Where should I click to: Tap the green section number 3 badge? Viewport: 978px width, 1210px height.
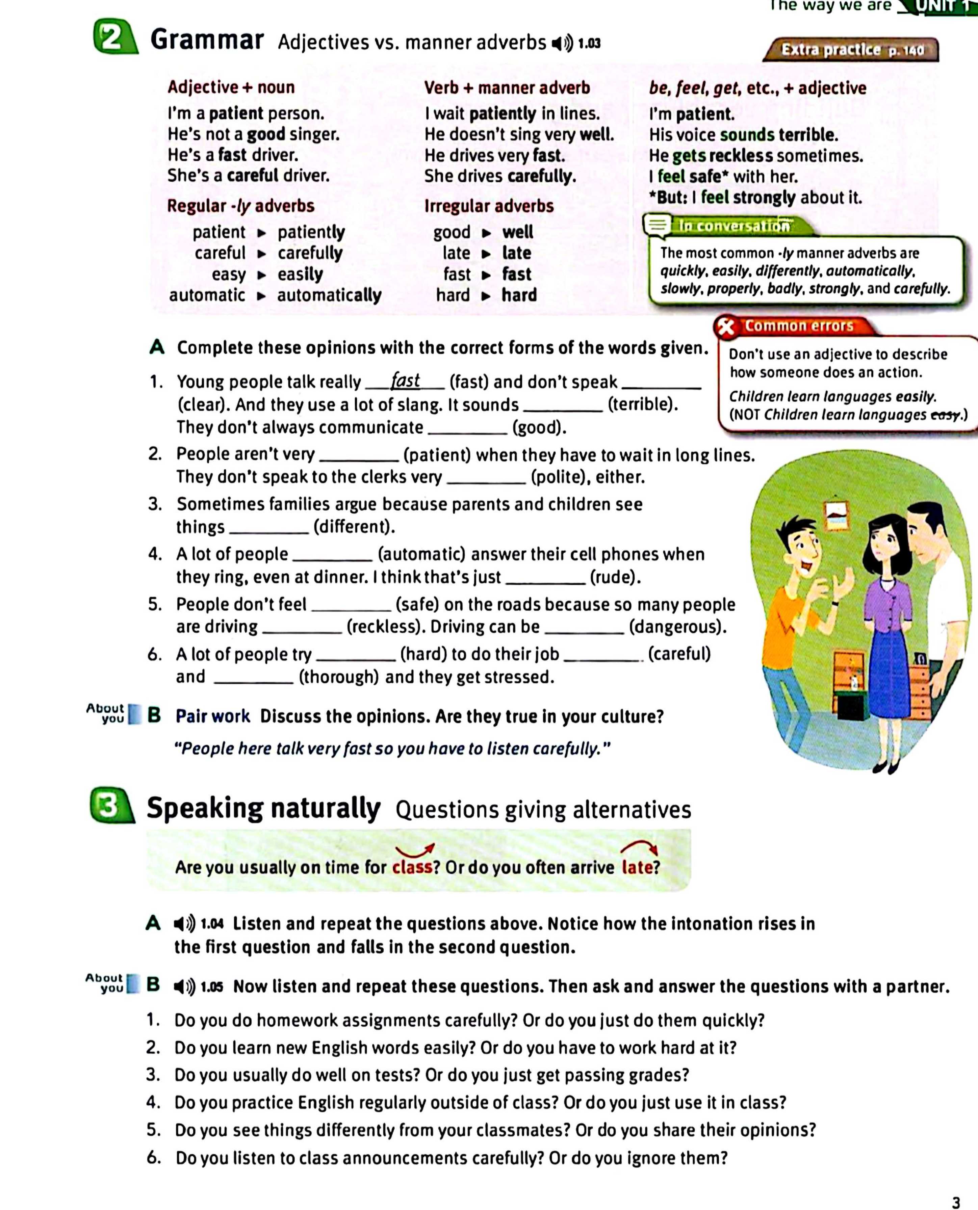pyautogui.click(x=110, y=806)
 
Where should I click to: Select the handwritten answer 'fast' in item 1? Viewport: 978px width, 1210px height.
pyautogui.click(x=405, y=380)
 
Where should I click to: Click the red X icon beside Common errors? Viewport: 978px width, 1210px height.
pyautogui.click(x=727, y=326)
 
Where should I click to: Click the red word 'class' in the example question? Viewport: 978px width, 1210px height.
pyautogui.click(x=412, y=867)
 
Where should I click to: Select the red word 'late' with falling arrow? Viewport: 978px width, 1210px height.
pyautogui.click(x=637, y=867)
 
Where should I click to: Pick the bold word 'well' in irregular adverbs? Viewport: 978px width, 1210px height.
pyautogui.click(x=517, y=232)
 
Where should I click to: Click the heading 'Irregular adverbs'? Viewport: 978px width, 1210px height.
pyautogui.click(x=488, y=206)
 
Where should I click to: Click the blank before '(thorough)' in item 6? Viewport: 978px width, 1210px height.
pyautogui.click(x=254, y=677)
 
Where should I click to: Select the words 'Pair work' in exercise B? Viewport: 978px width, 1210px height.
pyautogui.click(x=212, y=716)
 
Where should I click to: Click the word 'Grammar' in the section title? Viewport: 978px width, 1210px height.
pyautogui.click(x=207, y=40)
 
